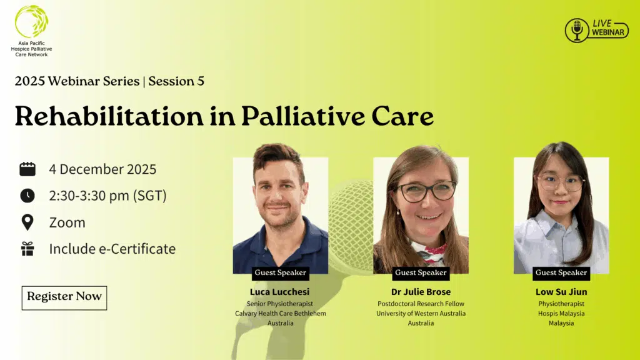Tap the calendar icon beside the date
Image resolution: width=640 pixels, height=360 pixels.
pos(27,169)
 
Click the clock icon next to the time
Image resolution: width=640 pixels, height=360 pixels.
pos(27,196)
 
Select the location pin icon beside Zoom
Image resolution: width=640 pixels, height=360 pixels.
pos(27,222)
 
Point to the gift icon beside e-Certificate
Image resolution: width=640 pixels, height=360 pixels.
pos(27,249)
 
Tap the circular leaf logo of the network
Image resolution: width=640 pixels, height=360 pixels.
pos(31,21)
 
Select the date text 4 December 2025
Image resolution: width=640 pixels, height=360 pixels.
pos(103,169)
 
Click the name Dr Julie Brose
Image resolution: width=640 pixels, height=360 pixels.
pos(421,292)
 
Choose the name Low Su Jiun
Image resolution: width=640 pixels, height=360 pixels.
pos(561,292)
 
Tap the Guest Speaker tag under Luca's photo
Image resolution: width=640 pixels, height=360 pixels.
pos(281,272)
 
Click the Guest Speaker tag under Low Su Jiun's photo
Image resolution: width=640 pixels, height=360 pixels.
pos(561,272)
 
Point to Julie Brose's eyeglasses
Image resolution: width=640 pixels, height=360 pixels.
pos(427,191)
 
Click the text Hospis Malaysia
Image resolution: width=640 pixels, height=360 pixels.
pos(561,314)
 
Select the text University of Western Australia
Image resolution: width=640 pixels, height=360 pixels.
pos(421,314)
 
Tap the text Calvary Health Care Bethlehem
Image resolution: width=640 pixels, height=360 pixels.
pos(281,314)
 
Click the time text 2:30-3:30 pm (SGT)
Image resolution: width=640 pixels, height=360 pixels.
pos(108,196)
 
